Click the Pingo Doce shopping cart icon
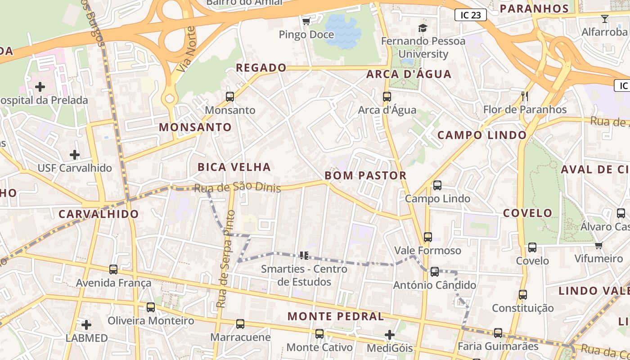[306, 21]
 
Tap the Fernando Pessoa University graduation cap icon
[422, 28]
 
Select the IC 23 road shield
[471, 15]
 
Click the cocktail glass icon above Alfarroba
[604, 19]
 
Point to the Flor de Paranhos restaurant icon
[524, 96]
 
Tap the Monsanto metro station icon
[229, 96]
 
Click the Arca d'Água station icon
[387, 96]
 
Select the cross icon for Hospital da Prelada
[40, 86]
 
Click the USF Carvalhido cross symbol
[74, 155]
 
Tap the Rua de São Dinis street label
[237, 187]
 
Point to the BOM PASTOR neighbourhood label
[365, 175]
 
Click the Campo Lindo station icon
[437, 185]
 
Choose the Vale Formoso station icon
[427, 237]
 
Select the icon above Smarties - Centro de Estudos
[304, 256]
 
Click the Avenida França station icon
[113, 269]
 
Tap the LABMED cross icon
[86, 324]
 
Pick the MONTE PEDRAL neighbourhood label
[336, 316]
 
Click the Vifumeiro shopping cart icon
[598, 245]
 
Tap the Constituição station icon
[522, 294]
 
